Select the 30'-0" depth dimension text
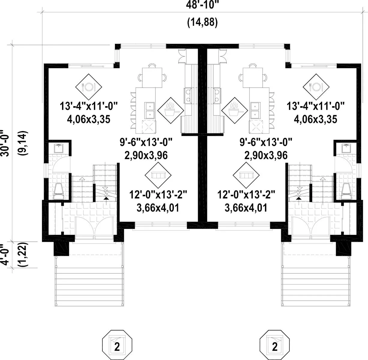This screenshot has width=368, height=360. (x=6, y=143)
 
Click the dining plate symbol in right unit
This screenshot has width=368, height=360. (x=316, y=87)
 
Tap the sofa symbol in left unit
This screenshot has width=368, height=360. (x=158, y=175)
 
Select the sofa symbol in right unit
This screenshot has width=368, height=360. (x=246, y=175)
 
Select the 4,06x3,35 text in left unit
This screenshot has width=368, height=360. (x=89, y=119)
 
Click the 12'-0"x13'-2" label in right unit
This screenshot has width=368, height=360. (x=246, y=195)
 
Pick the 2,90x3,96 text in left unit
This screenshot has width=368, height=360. (x=146, y=155)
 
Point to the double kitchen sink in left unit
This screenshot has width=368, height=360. (x=149, y=110)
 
